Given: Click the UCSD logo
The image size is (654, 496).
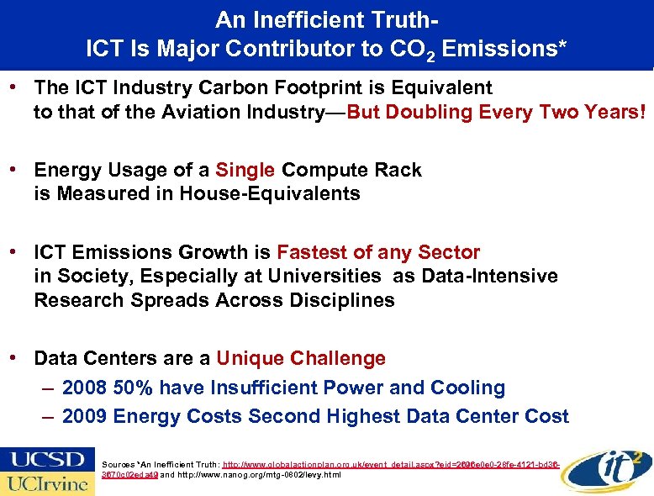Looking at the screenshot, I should pos(47,460).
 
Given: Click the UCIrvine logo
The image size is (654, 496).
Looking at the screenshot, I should pos(47,483).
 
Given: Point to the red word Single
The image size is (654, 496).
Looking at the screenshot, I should pos(245,170).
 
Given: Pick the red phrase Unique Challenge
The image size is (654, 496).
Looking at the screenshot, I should pos(300,358).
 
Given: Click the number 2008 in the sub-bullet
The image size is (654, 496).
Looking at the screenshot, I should pos(84,388).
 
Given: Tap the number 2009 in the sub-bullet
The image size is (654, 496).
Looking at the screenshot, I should pos(84,416).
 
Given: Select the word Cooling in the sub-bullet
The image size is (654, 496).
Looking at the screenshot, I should pos(467,388).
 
